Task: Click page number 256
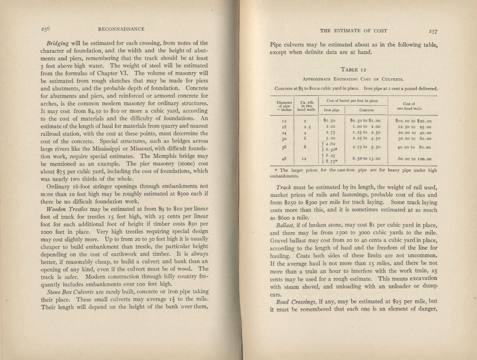(45, 29)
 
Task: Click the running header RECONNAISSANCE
(121, 29)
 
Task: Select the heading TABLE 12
(353, 70)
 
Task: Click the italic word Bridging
(57, 43)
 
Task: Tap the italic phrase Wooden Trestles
(67, 209)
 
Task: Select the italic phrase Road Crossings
(296, 302)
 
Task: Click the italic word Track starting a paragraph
(284, 187)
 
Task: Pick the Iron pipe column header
(331, 110)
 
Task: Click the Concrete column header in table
(366, 110)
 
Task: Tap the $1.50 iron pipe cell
(329, 121)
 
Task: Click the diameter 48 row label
(284, 159)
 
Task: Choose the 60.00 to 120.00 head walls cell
(414, 159)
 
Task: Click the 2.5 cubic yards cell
(305, 127)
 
